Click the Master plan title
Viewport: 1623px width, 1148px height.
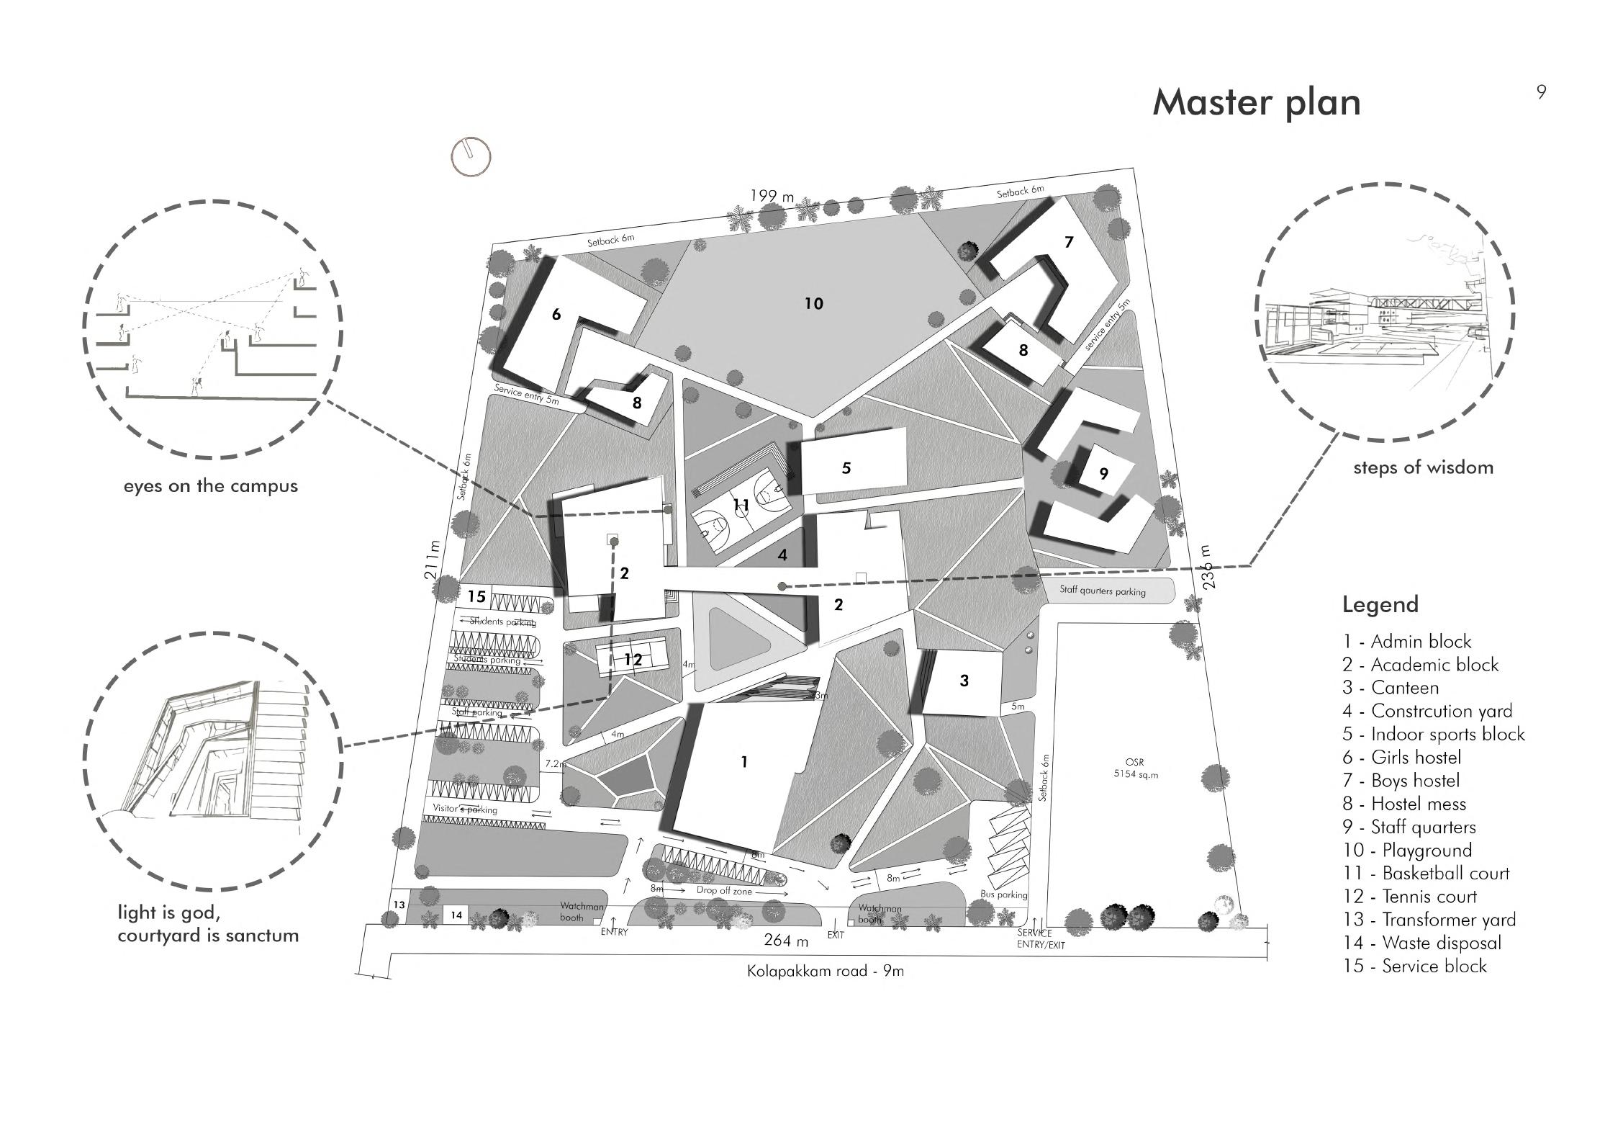[1256, 103]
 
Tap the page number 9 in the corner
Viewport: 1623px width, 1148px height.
[1541, 92]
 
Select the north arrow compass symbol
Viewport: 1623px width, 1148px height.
[471, 156]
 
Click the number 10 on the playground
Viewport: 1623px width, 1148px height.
[813, 304]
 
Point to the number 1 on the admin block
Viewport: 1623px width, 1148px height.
[744, 762]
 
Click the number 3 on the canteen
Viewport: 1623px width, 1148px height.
[964, 681]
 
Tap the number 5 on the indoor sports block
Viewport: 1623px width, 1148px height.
[846, 468]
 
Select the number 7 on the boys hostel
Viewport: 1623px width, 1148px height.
[1069, 242]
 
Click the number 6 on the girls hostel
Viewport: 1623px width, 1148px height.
[556, 314]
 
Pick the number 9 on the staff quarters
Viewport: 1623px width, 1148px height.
[1103, 474]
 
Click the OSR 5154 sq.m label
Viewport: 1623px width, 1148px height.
[1134, 768]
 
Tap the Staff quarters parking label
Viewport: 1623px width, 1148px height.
[1102, 591]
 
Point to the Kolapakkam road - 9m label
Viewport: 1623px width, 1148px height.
[825, 971]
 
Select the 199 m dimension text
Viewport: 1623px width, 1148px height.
[772, 195]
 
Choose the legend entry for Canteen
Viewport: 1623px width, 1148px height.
[1391, 688]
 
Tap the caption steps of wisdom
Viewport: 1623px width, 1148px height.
[1423, 467]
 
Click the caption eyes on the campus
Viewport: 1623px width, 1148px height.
[210, 486]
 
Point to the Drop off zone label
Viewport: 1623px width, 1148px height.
[724, 891]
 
